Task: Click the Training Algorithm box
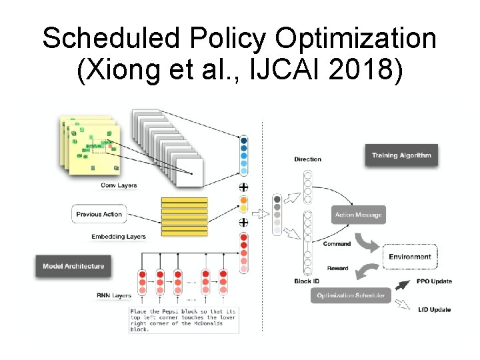click(x=401, y=155)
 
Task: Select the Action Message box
click(x=358, y=215)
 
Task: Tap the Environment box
click(x=411, y=257)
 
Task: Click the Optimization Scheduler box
click(x=350, y=295)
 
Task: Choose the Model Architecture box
click(x=73, y=266)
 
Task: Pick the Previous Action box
click(x=99, y=214)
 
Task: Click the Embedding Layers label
click(x=119, y=236)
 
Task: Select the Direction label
click(x=307, y=159)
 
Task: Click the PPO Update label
click(x=433, y=281)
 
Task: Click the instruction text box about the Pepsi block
click(x=183, y=320)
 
